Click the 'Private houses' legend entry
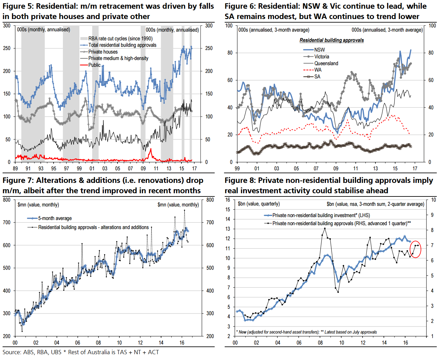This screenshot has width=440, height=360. (x=103, y=52)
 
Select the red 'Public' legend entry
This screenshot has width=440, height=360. (x=94, y=65)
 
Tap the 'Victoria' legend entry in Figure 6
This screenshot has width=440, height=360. (x=322, y=56)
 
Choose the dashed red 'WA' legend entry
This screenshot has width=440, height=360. (x=318, y=70)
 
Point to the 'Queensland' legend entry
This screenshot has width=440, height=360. (x=326, y=63)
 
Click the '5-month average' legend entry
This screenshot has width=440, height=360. (x=55, y=218)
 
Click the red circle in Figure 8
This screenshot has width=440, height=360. (x=415, y=249)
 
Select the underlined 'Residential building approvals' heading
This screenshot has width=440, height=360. (x=332, y=40)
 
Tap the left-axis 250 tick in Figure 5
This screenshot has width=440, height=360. (x=7, y=48)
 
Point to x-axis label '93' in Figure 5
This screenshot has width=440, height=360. (x=41, y=168)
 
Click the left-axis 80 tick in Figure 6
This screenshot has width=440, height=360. (x=230, y=53)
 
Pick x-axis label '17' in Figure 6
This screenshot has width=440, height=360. (x=415, y=168)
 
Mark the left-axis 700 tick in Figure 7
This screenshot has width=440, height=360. (x=7, y=222)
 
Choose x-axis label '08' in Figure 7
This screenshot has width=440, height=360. (x=98, y=343)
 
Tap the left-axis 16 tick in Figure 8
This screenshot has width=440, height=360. (x=228, y=200)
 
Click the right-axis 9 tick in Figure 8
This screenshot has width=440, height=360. (x=432, y=215)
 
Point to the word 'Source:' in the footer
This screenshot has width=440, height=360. (x=12, y=352)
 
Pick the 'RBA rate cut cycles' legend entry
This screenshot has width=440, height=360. (x=120, y=38)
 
